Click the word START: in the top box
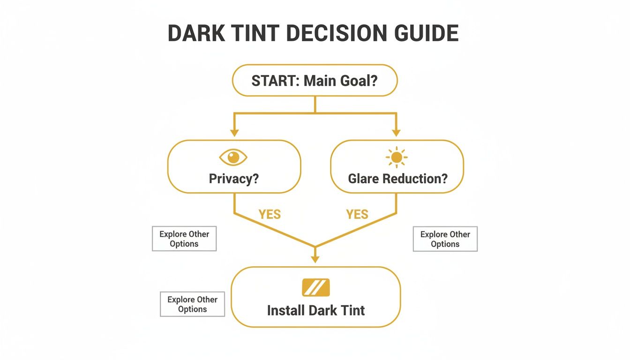pyautogui.click(x=275, y=81)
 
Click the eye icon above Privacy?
pyautogui.click(x=233, y=157)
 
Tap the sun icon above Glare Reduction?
pyautogui.click(x=397, y=157)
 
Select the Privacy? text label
pyautogui.click(x=234, y=179)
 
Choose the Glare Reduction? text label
pyautogui.click(x=397, y=179)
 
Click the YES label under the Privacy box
pyautogui.click(x=270, y=215)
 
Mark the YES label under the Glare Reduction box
pyautogui.click(x=357, y=215)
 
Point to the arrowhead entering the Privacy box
pyautogui.click(x=234, y=133)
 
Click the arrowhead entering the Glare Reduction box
pyautogui.click(x=397, y=133)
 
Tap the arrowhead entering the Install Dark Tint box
pyautogui.click(x=315, y=259)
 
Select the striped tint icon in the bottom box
pyautogui.click(x=316, y=287)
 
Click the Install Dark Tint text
pyautogui.click(x=316, y=310)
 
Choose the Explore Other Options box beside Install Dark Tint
pyautogui.click(x=192, y=304)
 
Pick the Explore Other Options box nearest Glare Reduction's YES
pyautogui.click(x=445, y=239)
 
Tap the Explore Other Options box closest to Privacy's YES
pyautogui.click(x=184, y=239)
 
